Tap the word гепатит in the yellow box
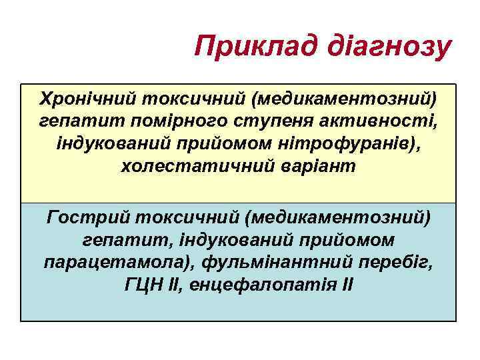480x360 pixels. pos(67,122)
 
